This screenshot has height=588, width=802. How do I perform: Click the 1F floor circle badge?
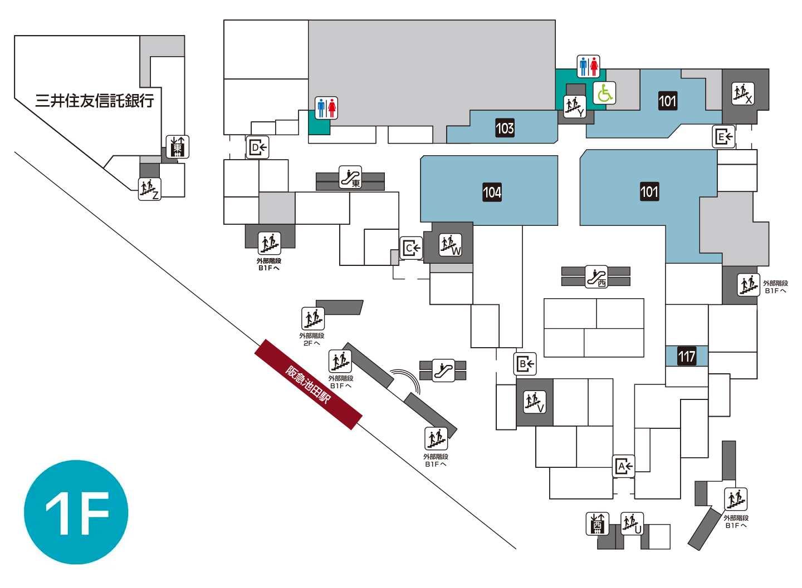(x=76, y=512)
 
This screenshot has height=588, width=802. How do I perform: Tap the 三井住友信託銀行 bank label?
(x=95, y=101)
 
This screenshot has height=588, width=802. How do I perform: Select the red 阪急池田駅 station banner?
(x=309, y=384)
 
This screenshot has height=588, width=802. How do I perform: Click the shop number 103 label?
(x=505, y=128)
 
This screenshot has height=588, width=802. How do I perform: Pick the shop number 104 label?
(x=492, y=192)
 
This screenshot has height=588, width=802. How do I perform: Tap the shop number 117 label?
(x=687, y=356)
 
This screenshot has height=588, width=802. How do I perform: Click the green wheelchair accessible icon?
(x=604, y=93)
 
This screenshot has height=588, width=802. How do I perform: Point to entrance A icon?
(x=623, y=466)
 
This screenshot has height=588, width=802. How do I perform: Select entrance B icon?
(x=525, y=364)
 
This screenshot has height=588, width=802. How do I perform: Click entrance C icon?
(x=411, y=248)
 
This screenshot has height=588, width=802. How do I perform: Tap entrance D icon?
(x=257, y=147)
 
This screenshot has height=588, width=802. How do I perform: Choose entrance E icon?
(x=723, y=137)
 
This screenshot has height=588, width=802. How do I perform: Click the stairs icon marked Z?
(x=150, y=189)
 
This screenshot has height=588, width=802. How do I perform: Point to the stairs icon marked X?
(x=743, y=93)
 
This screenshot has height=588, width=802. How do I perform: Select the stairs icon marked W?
(x=451, y=245)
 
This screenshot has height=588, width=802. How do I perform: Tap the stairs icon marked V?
(x=535, y=402)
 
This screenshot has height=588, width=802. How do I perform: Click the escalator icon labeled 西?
(x=596, y=277)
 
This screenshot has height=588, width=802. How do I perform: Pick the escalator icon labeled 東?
(x=350, y=177)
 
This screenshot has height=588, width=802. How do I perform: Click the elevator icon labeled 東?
(x=178, y=147)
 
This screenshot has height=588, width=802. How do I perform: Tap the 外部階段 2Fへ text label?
(x=312, y=339)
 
